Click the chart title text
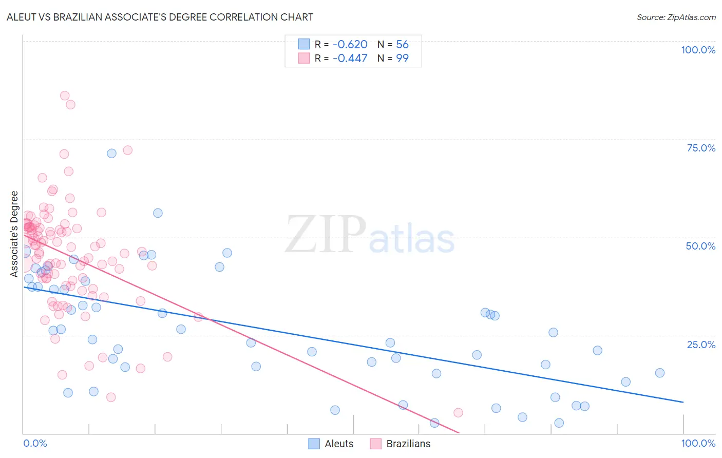pyautogui.click(x=160, y=17)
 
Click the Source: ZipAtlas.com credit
pyautogui.click(x=676, y=17)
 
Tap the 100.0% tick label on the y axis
pyautogui.click(x=698, y=50)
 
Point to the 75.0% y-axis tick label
pyautogui.click(x=701, y=148)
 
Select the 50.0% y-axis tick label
pyautogui.click(x=700, y=246)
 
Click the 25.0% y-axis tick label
pyautogui.click(x=701, y=344)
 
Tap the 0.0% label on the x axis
pyautogui.click(x=35, y=443)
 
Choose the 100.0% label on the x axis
pyautogui.click(x=698, y=443)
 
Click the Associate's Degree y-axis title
pyautogui.click(x=14, y=234)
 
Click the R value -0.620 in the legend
pyautogui.click(x=350, y=45)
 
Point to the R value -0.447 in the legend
pyautogui.click(x=350, y=59)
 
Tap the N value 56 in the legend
pyautogui.click(x=402, y=45)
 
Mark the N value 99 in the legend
pyautogui.click(x=402, y=59)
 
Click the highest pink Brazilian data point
pyautogui.click(x=65, y=96)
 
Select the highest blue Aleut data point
pyautogui.click(x=111, y=153)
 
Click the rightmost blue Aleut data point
pyautogui.click(x=660, y=373)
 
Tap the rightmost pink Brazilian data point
pyautogui.click(x=458, y=413)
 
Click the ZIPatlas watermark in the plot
pyautogui.click(x=370, y=235)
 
